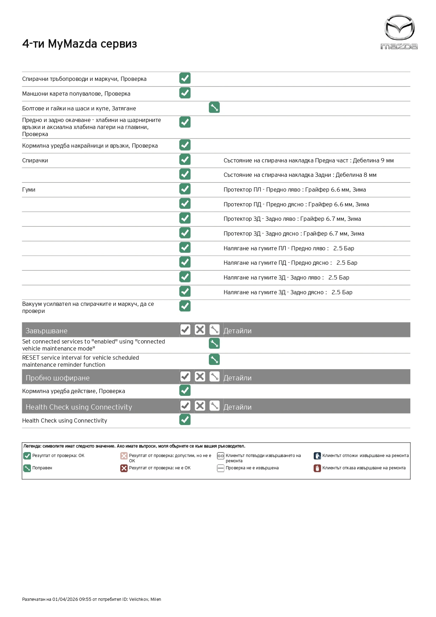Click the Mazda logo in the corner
point(399,32)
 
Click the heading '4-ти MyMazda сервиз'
point(79,44)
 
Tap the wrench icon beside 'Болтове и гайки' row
point(214,108)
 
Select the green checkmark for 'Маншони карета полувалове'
point(185,93)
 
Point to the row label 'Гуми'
point(29,190)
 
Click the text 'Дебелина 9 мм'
point(373,161)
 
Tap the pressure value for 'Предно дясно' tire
point(347,263)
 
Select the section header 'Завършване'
point(46,331)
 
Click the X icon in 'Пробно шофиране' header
point(200,377)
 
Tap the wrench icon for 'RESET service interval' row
point(214,359)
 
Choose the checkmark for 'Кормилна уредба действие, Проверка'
point(185,390)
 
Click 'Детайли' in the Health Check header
point(237,407)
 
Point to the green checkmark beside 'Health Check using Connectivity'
point(185,420)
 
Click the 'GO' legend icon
point(220,456)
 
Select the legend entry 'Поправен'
point(42,468)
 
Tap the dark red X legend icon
point(124,468)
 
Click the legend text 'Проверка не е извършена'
point(252,468)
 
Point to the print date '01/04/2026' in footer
point(65,599)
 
